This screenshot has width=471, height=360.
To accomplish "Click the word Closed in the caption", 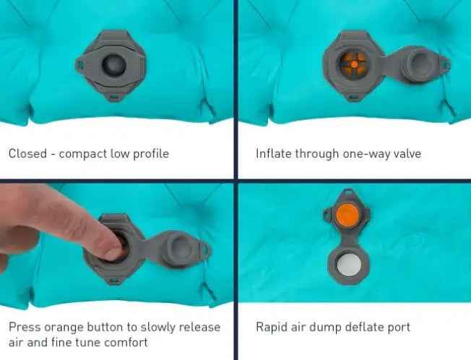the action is (27, 153).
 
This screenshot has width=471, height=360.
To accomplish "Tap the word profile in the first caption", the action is (151, 154).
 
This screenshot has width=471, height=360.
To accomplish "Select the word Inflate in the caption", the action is (273, 153).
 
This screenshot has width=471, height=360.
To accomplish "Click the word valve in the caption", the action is (407, 153).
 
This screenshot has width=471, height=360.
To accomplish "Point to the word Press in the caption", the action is (25, 327).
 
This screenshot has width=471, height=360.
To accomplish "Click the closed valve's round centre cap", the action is (113, 65).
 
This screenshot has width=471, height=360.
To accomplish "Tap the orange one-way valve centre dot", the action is (355, 64).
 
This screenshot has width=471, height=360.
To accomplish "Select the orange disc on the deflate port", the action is (347, 215).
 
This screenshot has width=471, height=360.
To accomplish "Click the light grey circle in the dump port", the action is (349, 265).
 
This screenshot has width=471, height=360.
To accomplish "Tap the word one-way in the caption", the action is (366, 154).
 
